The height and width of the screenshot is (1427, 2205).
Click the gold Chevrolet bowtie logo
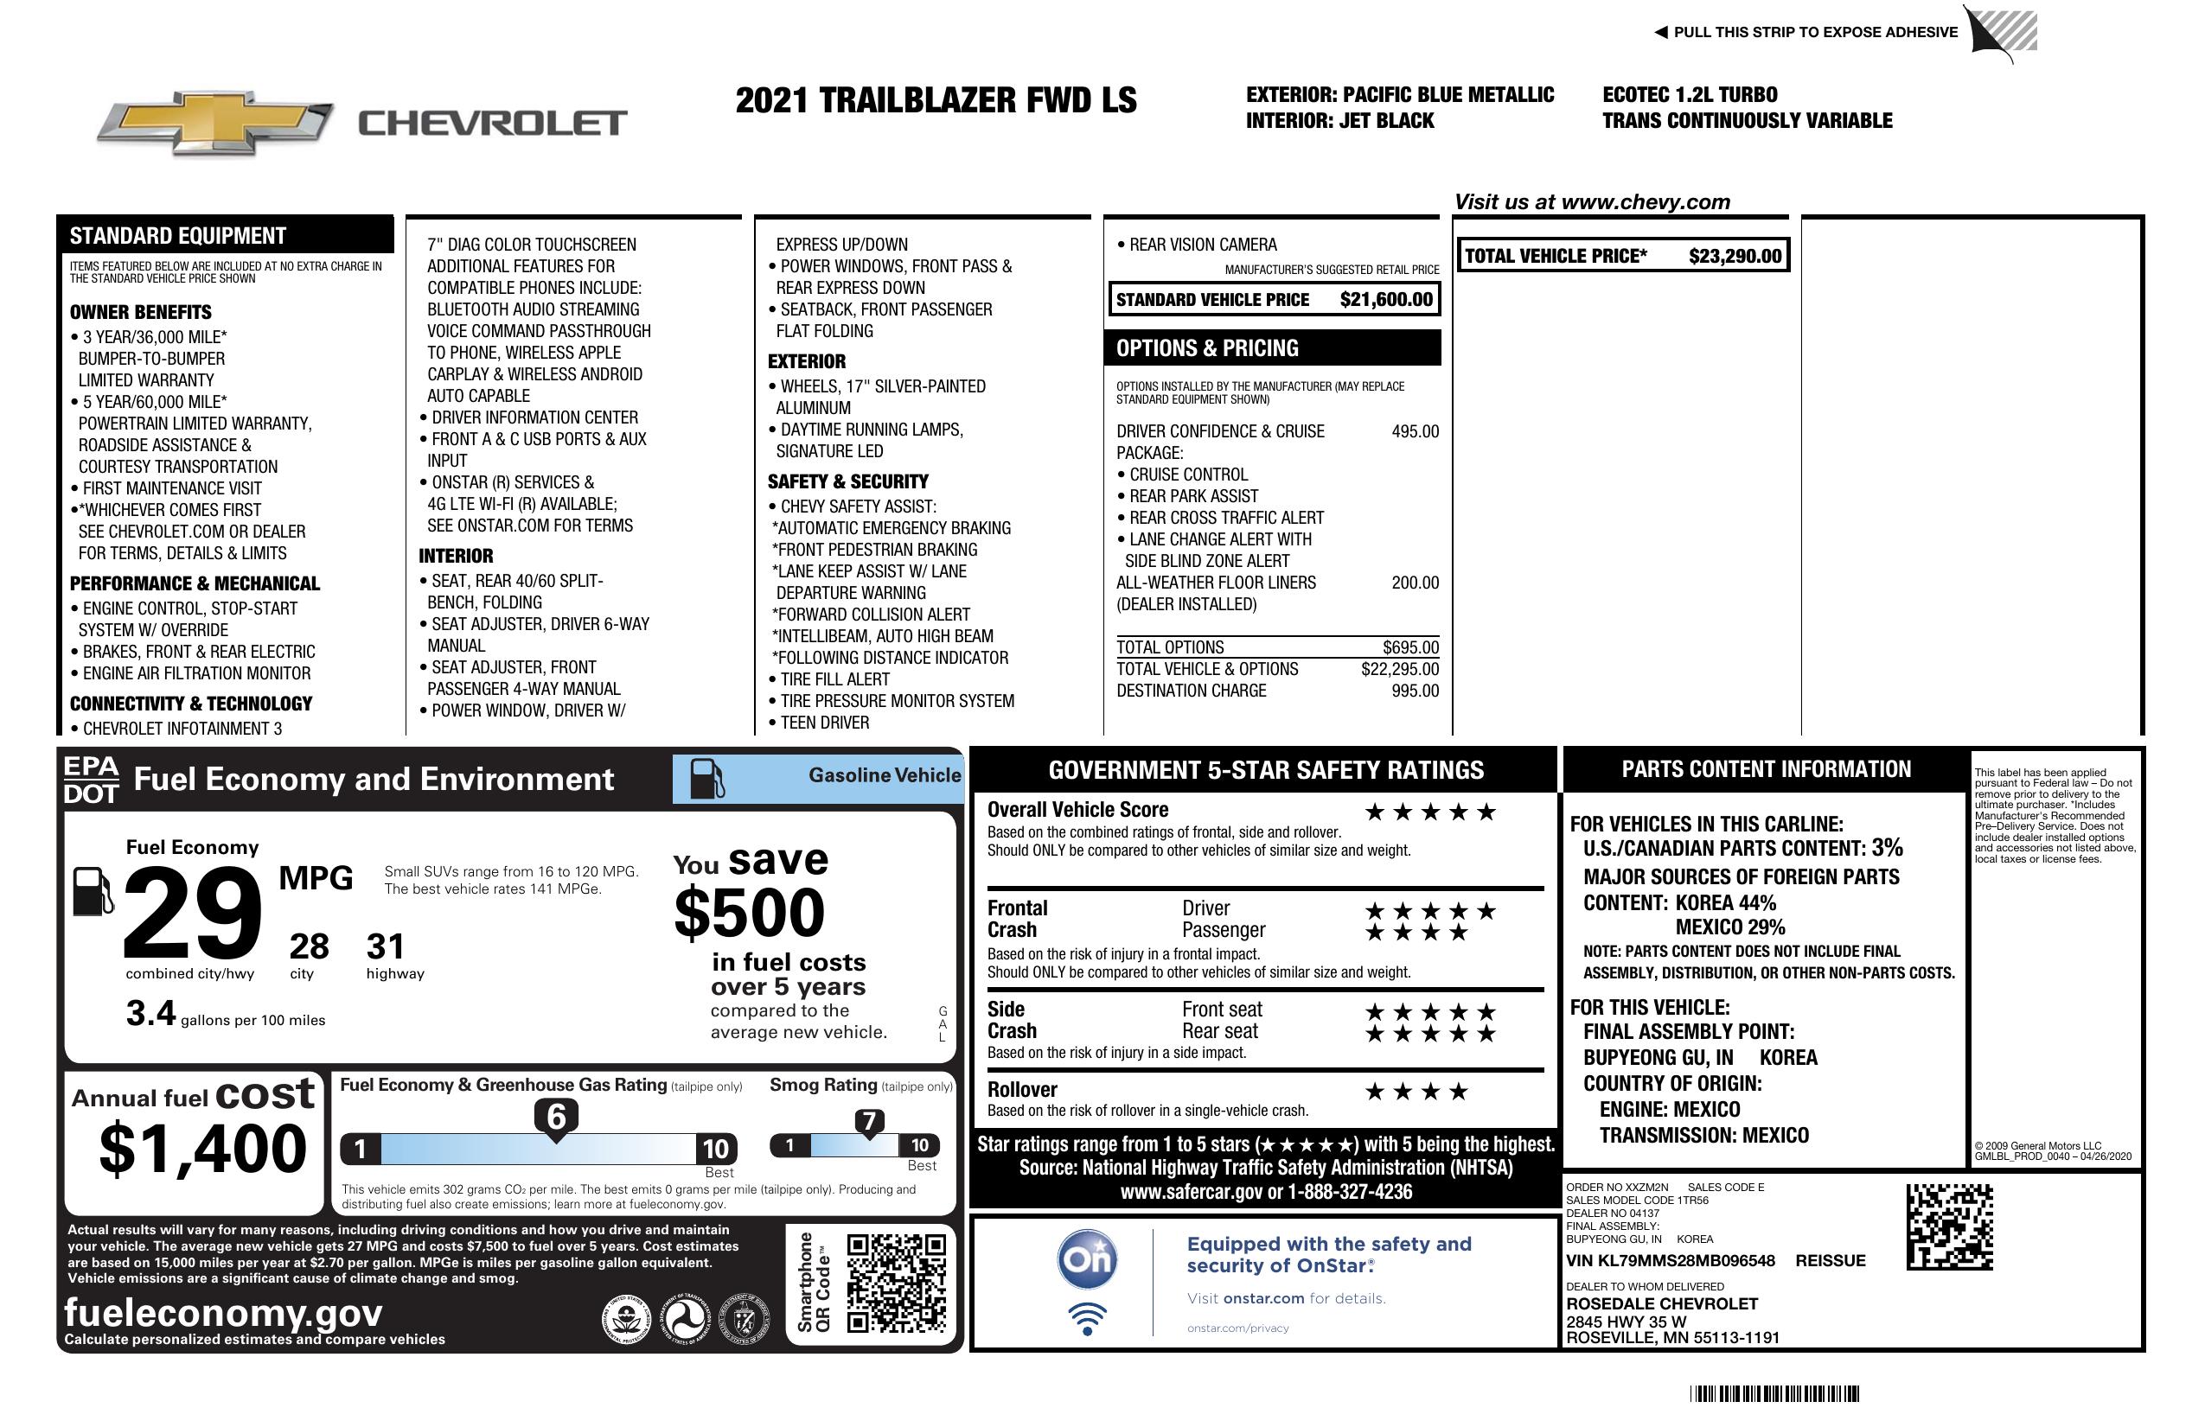click(x=215, y=122)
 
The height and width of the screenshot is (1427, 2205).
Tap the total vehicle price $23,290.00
click(x=1734, y=257)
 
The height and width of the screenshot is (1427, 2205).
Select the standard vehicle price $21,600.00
click(x=1385, y=300)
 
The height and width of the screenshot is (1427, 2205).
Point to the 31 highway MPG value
click(x=386, y=946)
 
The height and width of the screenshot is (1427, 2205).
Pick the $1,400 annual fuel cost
click(x=202, y=1150)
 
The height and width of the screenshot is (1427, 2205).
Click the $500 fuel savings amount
click(x=750, y=913)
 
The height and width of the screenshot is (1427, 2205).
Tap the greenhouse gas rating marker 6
click(x=556, y=1117)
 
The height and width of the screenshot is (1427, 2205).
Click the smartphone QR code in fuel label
click(x=896, y=1283)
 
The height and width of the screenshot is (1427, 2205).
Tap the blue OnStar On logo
click(x=1088, y=1259)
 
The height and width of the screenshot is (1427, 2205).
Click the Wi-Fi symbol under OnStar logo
click(x=1088, y=1318)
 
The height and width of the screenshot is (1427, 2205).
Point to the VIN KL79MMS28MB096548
click(x=1670, y=1260)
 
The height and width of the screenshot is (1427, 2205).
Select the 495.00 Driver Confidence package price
click(x=1415, y=431)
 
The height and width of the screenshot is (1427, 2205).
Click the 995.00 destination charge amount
click(x=1415, y=691)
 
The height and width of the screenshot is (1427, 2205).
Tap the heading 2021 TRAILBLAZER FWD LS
click(x=936, y=101)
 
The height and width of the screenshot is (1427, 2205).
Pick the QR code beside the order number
click(x=1949, y=1226)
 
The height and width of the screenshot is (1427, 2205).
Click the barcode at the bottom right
click(x=1774, y=1393)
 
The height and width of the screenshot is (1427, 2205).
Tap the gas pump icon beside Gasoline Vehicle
click(x=707, y=779)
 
